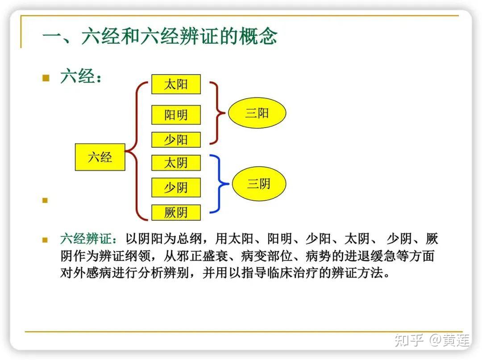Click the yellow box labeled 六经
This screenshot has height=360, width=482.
coord(100,157)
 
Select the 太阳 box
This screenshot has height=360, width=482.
coord(176,84)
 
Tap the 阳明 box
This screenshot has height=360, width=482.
coord(176,115)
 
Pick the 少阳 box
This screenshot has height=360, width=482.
coord(176,140)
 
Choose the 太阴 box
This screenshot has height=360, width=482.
coord(176,163)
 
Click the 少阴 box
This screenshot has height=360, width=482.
coord(176,187)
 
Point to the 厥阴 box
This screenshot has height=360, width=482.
coord(176,213)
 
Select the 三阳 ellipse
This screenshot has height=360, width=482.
coord(257,113)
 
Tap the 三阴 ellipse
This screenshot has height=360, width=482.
coord(259,183)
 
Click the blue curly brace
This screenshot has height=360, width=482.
coord(219,183)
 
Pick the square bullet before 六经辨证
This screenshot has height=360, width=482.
coord(45,240)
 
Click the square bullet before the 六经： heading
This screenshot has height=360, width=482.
coord(45,78)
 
